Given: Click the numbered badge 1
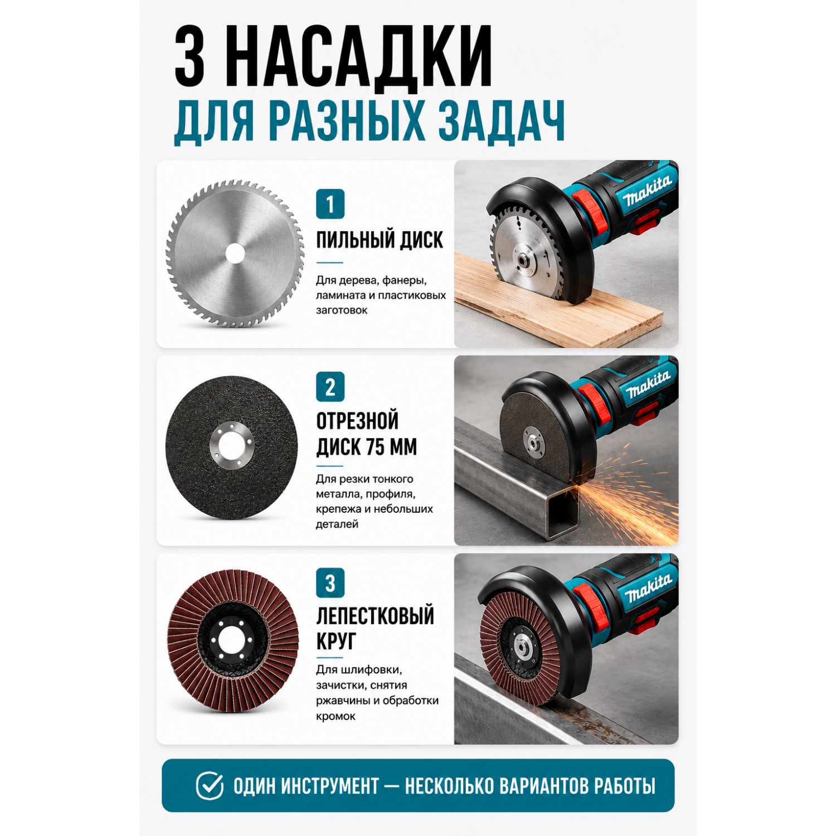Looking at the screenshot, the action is pos(330,204).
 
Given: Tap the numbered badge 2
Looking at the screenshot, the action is pos(330,387).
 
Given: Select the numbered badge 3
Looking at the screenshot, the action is pos(330,583).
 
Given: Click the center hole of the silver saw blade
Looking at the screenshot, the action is pos(235,254).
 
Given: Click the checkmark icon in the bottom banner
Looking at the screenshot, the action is pos(210,786).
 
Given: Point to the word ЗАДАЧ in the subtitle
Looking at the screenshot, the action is pos(501,121).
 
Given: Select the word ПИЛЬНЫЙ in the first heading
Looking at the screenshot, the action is pos(348,240).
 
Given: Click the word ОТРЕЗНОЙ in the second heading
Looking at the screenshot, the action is pos(357,421).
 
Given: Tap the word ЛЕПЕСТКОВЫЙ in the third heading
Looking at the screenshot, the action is pos(375,616).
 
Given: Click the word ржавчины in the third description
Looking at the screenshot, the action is pos(341,701).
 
